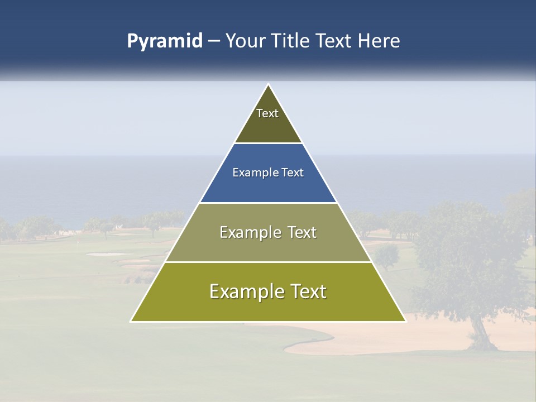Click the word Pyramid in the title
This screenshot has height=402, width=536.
point(165,41)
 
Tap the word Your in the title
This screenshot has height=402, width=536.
point(244,41)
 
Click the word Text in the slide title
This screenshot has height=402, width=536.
point(334,41)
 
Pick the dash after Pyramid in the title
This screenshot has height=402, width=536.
point(214,41)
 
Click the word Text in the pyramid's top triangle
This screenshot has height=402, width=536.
point(267,113)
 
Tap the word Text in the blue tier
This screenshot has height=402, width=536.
point(293,173)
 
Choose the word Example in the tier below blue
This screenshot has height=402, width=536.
point(248,232)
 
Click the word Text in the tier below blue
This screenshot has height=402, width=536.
point(302,232)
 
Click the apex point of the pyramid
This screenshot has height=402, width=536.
point(269,85)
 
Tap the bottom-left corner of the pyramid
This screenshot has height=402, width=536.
point(131,321)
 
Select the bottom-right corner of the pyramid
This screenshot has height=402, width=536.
point(405,321)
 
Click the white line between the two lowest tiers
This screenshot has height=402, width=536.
point(268,262)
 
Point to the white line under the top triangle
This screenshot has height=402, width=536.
point(268,143)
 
